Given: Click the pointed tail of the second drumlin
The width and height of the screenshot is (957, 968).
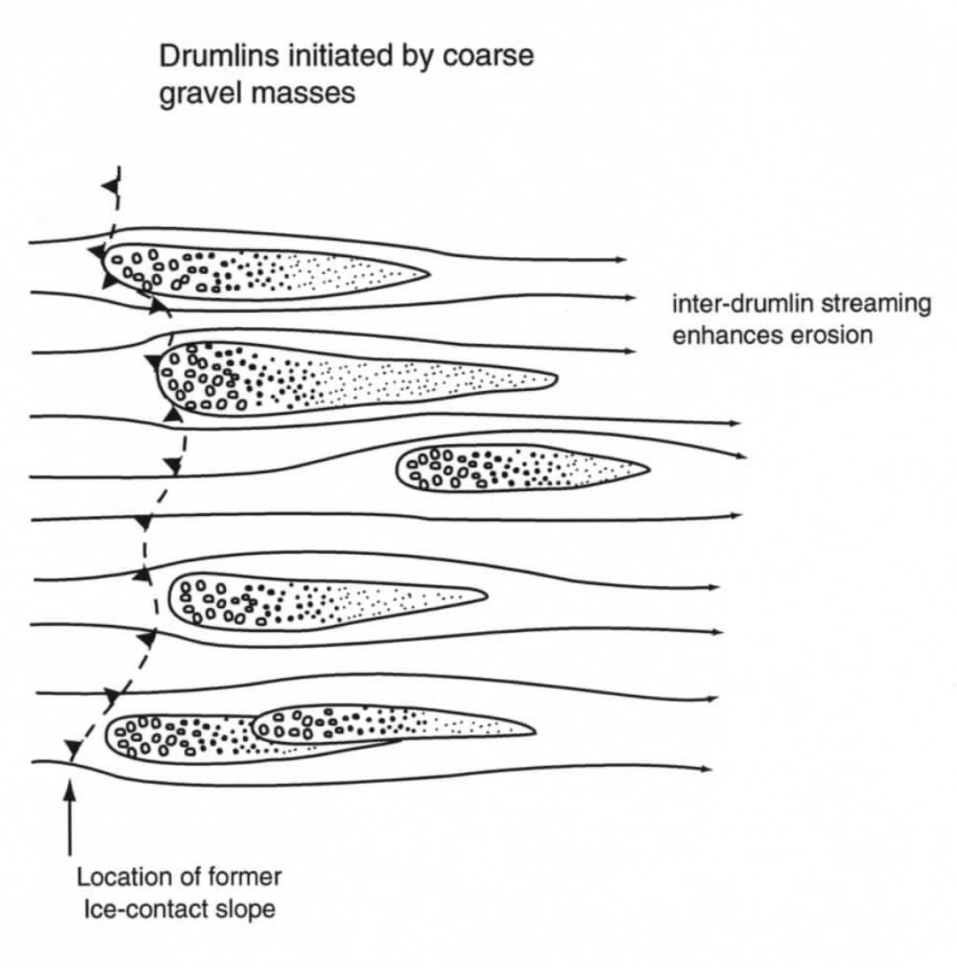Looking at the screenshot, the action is pyautogui.click(x=556, y=379).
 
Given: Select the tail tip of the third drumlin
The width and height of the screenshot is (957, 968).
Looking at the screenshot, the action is pyautogui.click(x=650, y=468).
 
